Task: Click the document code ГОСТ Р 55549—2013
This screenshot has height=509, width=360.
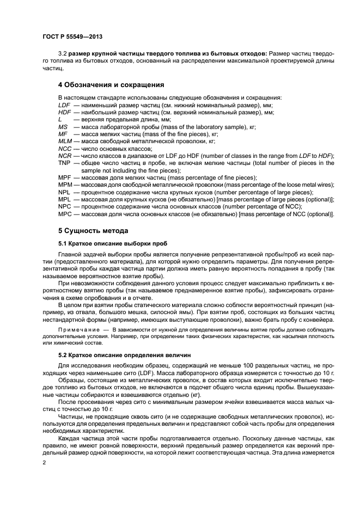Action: click(72, 36)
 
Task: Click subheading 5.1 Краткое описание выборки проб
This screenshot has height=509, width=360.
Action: click(113, 243)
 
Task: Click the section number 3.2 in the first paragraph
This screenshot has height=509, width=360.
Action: click(63, 54)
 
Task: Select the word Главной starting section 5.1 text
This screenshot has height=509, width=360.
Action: click(70, 254)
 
